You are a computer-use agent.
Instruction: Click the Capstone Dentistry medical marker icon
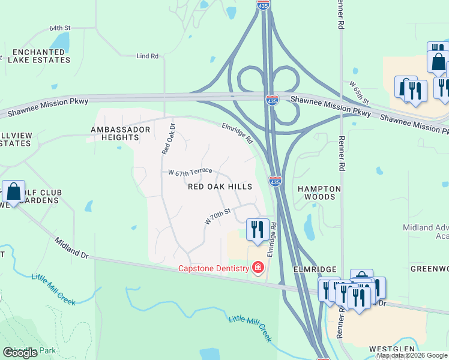tap(258, 267)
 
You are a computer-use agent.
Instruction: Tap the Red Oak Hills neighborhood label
tap(220, 187)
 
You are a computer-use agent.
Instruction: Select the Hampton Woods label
tap(319, 193)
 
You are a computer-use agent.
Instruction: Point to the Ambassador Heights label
tap(115, 133)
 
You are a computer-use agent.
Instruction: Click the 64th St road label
tap(60, 28)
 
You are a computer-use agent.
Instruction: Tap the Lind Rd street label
tap(147, 56)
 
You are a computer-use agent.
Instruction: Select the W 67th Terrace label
tap(190, 172)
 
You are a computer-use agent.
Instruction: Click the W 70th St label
tap(217, 217)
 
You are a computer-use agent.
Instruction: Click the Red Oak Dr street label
tap(167, 139)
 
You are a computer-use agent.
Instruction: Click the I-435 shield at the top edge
tap(263, 5)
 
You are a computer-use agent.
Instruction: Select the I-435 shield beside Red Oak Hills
tap(275, 181)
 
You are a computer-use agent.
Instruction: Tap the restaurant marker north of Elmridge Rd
tap(256, 229)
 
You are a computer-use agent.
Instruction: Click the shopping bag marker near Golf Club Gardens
tap(13, 192)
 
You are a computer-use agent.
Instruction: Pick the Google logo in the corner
tap(20, 353)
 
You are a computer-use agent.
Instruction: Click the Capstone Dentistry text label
tap(213, 268)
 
